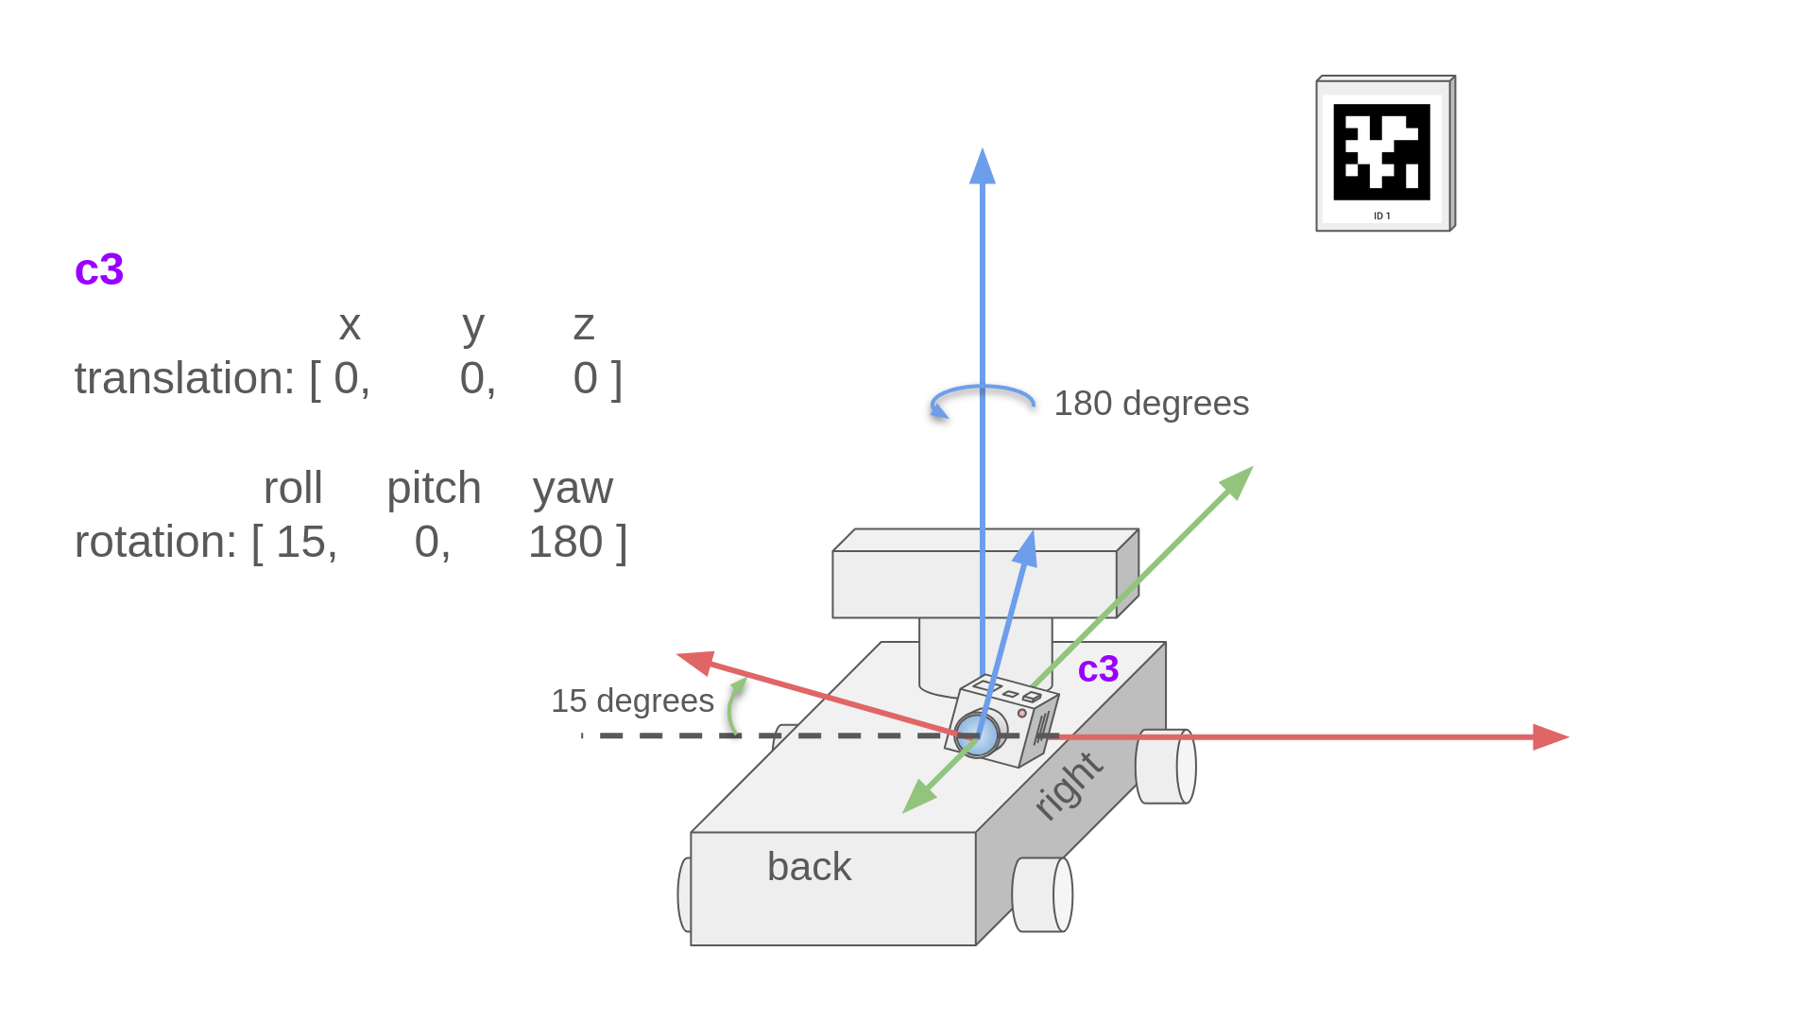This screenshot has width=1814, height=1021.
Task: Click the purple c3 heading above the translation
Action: pos(99,269)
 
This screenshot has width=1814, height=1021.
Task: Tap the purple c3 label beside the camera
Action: pos(1098,669)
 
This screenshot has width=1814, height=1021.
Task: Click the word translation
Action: pos(184,379)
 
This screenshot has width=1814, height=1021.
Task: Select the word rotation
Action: pos(155,543)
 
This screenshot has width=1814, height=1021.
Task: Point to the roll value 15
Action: pos(300,543)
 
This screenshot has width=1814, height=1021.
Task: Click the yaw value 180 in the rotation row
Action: pos(565,543)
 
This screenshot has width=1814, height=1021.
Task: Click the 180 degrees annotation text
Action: pos(1151,404)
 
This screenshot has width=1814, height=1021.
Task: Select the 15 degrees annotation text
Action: pos(632,701)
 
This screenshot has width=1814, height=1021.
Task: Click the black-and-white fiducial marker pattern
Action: pos(1381,152)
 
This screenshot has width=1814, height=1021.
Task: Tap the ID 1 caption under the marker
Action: pos(1382,216)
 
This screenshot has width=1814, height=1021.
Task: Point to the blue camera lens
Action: pos(978,735)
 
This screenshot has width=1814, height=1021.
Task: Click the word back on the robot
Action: pos(809,867)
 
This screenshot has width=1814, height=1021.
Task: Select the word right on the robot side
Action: pos(1068,786)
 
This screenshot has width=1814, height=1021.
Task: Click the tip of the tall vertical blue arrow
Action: pos(983,149)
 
